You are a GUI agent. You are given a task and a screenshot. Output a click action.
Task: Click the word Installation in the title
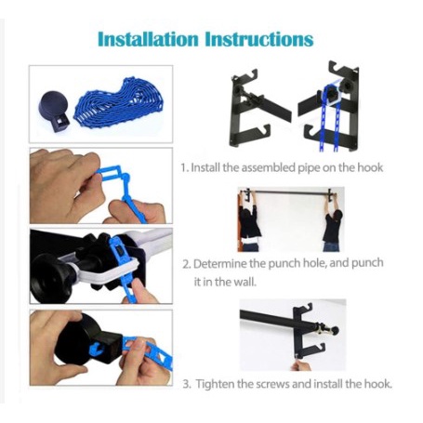(x=148, y=40)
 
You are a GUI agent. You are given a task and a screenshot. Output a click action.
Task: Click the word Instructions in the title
(x=259, y=40)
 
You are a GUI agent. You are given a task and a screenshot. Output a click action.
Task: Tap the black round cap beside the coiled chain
(x=54, y=111)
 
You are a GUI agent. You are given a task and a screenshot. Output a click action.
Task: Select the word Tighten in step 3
(x=215, y=384)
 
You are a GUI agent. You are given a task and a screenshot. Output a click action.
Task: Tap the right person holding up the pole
(x=332, y=222)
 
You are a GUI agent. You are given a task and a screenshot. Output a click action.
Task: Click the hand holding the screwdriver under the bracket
(x=300, y=364)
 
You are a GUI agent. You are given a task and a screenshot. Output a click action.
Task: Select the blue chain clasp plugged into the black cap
(x=98, y=349)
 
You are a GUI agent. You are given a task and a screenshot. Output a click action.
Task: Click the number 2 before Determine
(x=186, y=264)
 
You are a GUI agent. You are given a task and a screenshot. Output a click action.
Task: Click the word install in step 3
(x=328, y=384)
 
